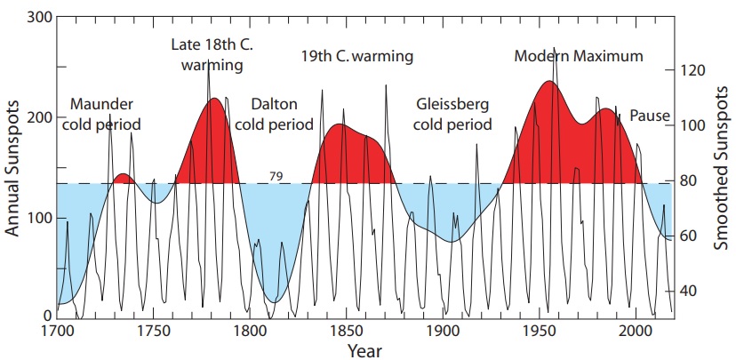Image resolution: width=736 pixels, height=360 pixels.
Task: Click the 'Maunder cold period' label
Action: tap(102, 114)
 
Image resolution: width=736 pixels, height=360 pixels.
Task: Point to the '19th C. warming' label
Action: tap(357, 58)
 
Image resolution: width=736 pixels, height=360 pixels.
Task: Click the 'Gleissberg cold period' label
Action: tap(453, 114)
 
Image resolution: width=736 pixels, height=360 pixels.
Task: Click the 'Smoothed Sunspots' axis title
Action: tap(721, 169)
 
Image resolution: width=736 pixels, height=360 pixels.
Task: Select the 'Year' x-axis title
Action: tap(364, 349)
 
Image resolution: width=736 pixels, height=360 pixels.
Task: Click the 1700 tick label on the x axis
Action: tap(57, 331)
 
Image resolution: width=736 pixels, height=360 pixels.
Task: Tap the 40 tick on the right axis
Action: tap(691, 292)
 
